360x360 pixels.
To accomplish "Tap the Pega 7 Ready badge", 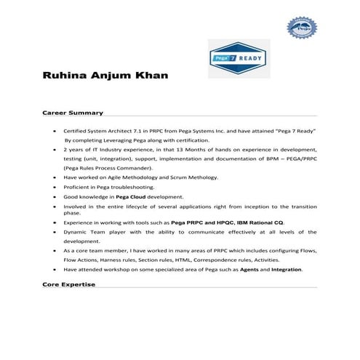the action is tap(239, 58).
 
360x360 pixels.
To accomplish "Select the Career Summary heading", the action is tap(72, 113).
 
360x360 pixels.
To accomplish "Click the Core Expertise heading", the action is tap(69, 284).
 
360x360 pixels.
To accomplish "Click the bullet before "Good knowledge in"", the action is tap(56, 196).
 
